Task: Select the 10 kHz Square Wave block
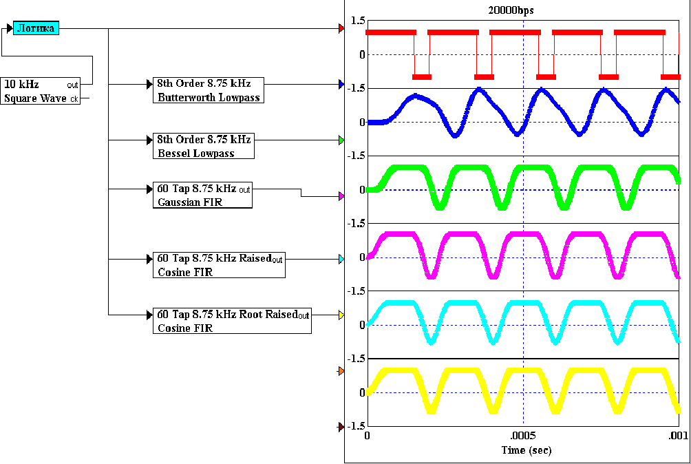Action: [41, 91]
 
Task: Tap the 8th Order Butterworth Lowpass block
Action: [209, 90]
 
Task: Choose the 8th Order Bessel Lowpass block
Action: [203, 146]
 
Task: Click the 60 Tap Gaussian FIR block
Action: [202, 195]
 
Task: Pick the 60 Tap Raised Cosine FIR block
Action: [219, 265]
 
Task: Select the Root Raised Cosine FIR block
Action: [232, 321]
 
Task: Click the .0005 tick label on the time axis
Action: [523, 436]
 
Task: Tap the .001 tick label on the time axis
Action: [679, 436]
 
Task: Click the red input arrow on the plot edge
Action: [341, 29]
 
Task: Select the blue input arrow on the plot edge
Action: [341, 85]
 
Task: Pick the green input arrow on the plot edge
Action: [341, 140]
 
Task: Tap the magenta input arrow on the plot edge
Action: [341, 196]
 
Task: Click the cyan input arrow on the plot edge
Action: [341, 260]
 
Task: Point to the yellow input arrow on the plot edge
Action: [341, 316]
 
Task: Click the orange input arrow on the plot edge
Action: [341, 371]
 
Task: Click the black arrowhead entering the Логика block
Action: [10, 29]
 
